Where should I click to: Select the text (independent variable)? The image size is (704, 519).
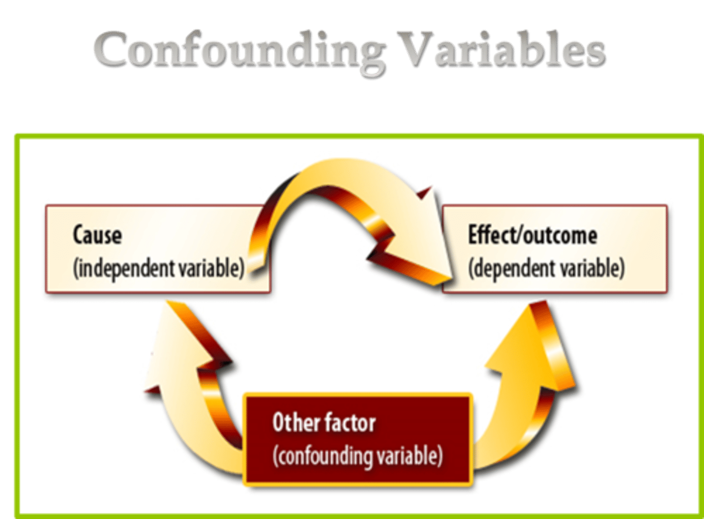pos(158,269)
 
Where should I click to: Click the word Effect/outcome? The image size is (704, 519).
pos(532,235)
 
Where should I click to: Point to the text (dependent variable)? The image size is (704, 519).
pos(546,269)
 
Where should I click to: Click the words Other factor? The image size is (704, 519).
pos(324,423)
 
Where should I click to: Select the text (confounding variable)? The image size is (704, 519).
pos(357,456)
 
